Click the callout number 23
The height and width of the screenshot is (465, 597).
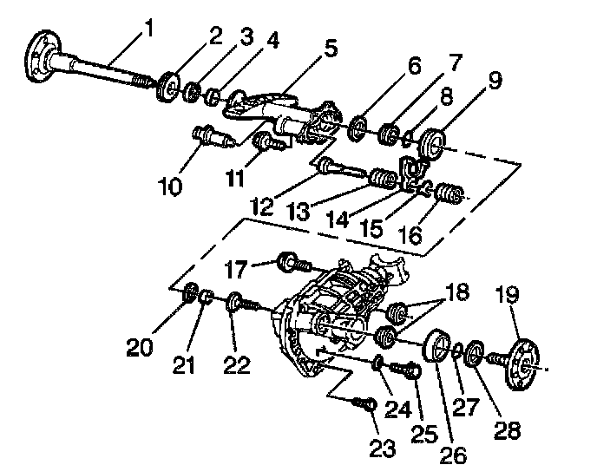[383, 449]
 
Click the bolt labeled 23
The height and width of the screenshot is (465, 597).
[364, 403]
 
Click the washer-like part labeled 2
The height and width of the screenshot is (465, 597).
[167, 90]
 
